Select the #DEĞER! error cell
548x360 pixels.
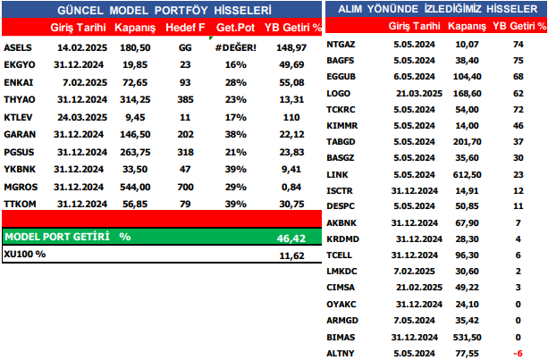(236, 46)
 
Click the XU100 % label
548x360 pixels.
(25, 254)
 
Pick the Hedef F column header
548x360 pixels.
(184, 29)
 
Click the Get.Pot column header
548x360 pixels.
(236, 29)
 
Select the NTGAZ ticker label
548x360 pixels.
(342, 43)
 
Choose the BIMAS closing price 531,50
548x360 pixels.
(466, 337)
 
